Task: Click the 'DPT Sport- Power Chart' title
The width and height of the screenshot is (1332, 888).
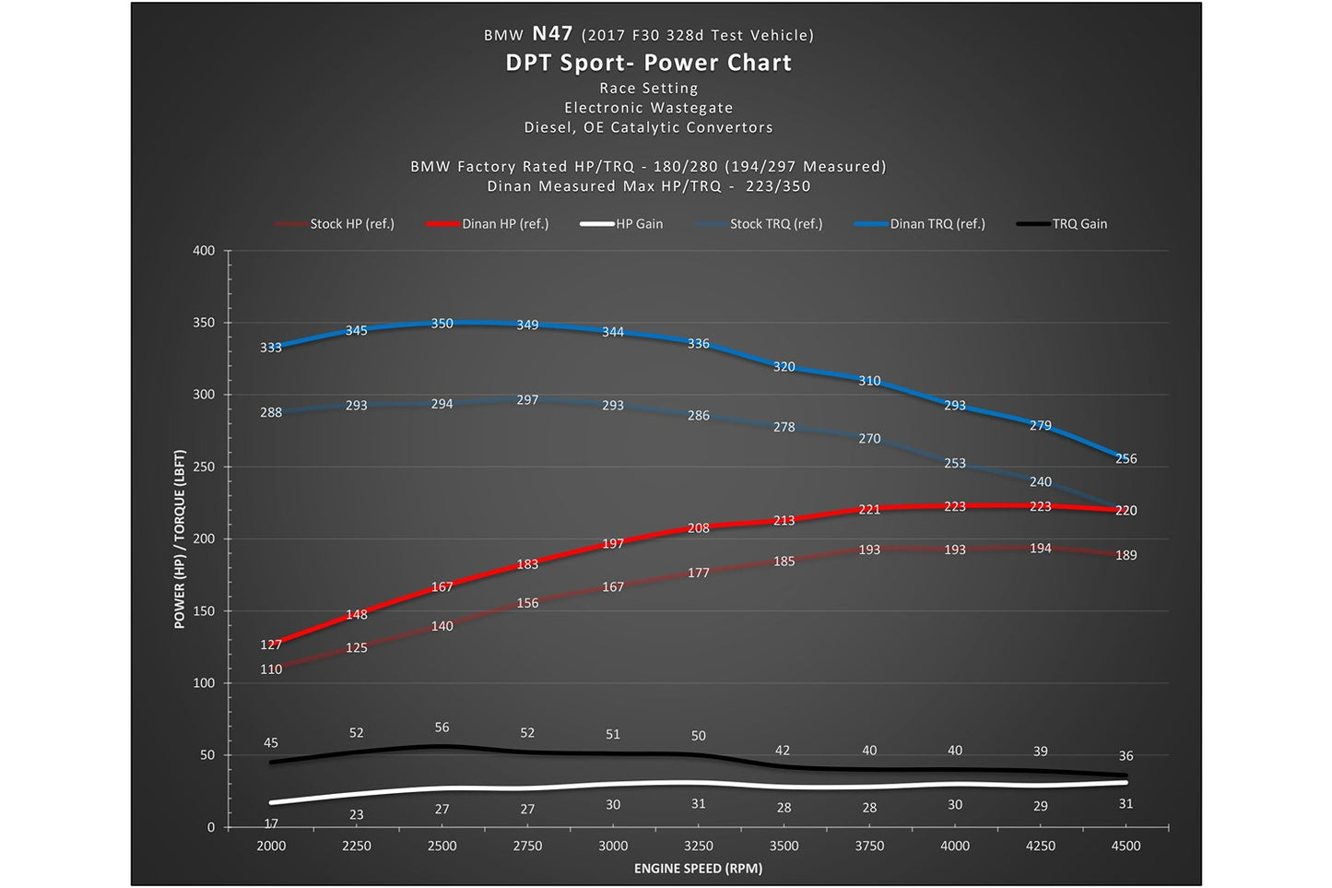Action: click(x=648, y=63)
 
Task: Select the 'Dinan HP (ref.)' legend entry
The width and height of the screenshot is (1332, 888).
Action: click(x=488, y=224)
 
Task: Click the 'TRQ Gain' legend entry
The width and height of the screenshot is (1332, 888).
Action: click(x=1062, y=224)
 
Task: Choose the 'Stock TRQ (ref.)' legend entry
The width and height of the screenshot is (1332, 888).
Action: click(x=759, y=224)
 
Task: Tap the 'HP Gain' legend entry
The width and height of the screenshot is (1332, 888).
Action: click(x=621, y=224)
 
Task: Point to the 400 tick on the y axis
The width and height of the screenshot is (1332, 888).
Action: click(x=204, y=251)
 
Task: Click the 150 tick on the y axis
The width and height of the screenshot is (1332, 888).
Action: click(x=204, y=610)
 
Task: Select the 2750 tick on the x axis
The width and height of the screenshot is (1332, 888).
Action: click(x=527, y=846)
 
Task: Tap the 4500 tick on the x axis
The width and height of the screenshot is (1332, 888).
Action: click(x=1126, y=846)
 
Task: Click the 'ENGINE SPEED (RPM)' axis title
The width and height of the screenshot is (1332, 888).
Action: click(x=698, y=869)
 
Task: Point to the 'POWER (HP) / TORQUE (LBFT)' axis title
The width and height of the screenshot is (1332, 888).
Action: click(x=179, y=539)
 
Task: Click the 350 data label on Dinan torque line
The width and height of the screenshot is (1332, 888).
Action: click(x=442, y=324)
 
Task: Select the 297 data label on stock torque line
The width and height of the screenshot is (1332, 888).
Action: click(x=527, y=399)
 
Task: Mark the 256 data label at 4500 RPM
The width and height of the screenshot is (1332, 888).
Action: click(x=1126, y=458)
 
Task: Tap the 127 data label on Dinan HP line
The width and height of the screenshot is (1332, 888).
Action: click(x=271, y=645)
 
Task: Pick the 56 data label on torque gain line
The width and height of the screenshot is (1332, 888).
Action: click(x=442, y=728)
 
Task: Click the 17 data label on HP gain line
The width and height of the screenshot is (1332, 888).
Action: click(x=271, y=823)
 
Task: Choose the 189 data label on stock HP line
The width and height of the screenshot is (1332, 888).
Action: click(x=1126, y=555)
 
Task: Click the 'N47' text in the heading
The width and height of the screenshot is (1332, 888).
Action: click(x=552, y=33)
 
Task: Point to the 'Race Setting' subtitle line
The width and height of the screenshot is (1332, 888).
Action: click(x=648, y=88)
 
